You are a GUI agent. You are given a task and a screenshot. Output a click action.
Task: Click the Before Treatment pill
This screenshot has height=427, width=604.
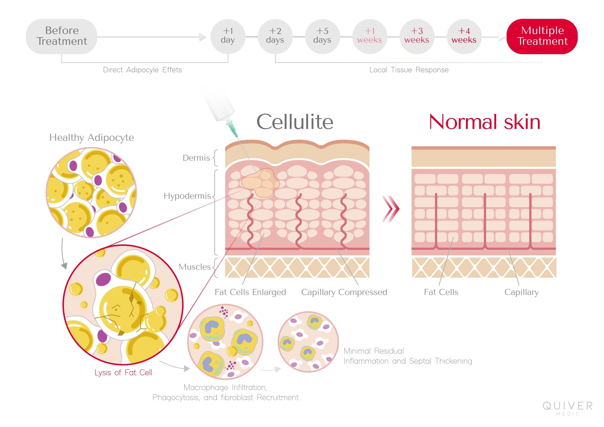(x=62, y=36)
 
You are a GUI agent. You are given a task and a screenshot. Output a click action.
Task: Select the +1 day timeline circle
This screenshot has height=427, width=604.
(x=228, y=36)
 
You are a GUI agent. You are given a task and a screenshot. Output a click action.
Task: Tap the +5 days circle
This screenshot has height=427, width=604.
(x=322, y=36)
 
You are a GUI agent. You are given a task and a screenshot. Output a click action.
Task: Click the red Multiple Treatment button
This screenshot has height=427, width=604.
(x=542, y=36)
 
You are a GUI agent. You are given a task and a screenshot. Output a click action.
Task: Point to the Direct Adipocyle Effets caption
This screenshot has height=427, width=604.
(x=142, y=70)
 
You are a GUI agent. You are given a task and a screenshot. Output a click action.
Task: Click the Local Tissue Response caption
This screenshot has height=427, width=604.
(x=409, y=70)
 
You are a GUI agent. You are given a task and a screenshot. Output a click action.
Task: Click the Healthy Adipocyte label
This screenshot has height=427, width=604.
(x=92, y=138)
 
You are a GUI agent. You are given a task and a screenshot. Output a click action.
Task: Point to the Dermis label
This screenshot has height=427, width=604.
(x=196, y=158)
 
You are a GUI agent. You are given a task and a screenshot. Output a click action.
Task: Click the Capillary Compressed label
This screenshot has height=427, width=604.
(x=344, y=292)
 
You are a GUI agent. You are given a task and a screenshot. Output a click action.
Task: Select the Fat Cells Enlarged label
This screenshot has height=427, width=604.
(x=250, y=292)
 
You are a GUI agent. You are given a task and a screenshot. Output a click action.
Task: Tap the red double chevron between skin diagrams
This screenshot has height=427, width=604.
(x=391, y=209)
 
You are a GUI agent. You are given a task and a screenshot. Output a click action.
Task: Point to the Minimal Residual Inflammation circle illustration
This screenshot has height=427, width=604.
(x=308, y=342)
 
